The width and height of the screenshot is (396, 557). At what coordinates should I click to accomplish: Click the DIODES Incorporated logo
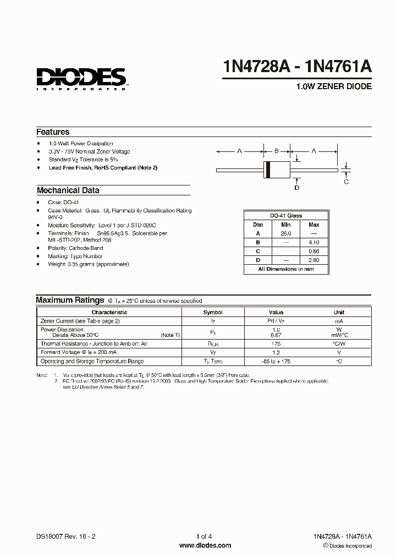[x=81, y=78]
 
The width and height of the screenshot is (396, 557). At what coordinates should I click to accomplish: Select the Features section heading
[x=53, y=132]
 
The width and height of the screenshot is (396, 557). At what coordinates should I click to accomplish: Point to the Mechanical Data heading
[x=68, y=190]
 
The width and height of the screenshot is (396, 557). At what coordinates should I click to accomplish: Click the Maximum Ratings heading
[x=70, y=300]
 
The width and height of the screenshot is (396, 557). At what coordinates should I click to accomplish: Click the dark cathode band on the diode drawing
[x=268, y=170]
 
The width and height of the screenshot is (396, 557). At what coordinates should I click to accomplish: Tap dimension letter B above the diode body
[x=277, y=150]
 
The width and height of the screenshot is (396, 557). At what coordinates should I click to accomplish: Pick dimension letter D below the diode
[x=297, y=188]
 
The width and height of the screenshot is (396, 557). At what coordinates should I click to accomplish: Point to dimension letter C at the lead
[x=346, y=182]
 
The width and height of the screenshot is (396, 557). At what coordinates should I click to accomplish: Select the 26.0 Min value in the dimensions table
[x=286, y=233]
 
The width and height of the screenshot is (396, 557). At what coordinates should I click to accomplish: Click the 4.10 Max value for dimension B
[x=313, y=242]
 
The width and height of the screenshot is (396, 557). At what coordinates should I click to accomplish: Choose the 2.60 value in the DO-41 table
[x=313, y=260]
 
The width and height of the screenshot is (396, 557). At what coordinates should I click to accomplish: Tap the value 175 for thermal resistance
[x=276, y=343]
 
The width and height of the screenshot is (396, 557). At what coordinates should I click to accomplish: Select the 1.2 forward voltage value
[x=276, y=352]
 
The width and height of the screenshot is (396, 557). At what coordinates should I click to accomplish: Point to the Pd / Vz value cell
[x=276, y=320]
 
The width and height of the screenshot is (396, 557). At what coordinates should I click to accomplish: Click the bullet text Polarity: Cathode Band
[x=75, y=248]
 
